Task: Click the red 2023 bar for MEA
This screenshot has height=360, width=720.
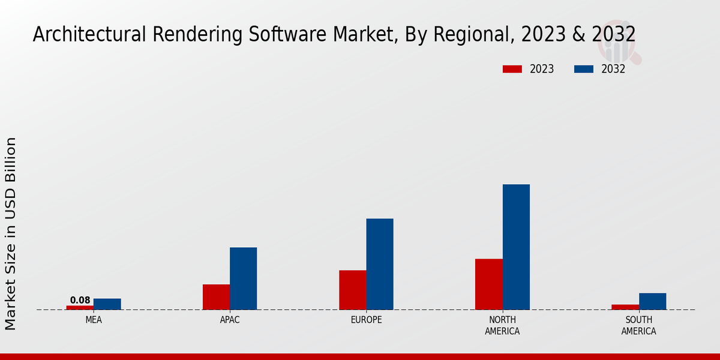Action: click(80, 307)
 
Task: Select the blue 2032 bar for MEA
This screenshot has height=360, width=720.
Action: click(107, 304)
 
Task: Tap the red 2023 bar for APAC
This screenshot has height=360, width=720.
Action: click(216, 297)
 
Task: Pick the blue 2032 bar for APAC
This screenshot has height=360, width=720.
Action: click(244, 278)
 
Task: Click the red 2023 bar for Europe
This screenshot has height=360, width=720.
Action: click(353, 290)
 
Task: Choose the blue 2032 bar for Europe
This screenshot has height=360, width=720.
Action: click(380, 264)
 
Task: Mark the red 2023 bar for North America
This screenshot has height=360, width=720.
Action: click(489, 284)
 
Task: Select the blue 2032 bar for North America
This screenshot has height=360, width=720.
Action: click(516, 247)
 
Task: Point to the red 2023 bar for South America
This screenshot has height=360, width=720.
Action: click(625, 307)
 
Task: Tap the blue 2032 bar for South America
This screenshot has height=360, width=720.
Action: click(653, 301)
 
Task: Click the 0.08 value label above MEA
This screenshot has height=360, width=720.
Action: click(80, 300)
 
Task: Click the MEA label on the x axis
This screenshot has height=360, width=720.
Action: click(94, 320)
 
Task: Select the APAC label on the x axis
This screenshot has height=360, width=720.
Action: click(230, 320)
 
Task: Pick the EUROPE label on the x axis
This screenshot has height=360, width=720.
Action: click(366, 320)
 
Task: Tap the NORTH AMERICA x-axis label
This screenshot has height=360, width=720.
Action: click(503, 325)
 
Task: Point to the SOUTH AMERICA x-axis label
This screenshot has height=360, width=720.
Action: click(638, 325)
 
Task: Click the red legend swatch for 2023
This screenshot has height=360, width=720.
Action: click(512, 69)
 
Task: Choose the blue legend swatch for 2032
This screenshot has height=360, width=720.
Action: click(584, 69)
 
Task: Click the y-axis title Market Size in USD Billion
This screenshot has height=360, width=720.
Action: click(11, 233)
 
